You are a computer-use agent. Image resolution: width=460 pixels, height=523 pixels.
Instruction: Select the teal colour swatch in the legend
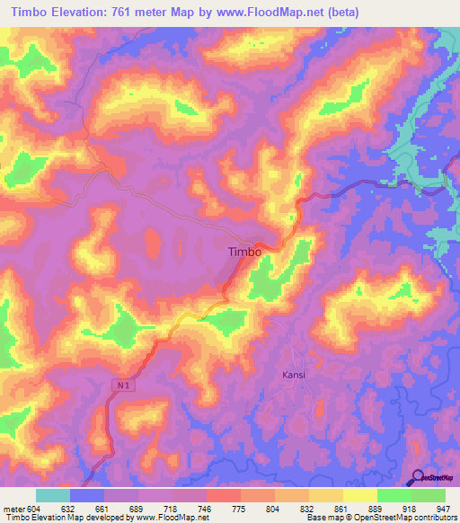(x=53, y=495)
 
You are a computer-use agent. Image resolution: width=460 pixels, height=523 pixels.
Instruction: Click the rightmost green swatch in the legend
(x=429, y=495)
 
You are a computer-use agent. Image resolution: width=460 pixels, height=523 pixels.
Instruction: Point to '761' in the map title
(x=138, y=13)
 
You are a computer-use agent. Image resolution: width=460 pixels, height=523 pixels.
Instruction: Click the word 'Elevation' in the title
(x=88, y=13)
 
